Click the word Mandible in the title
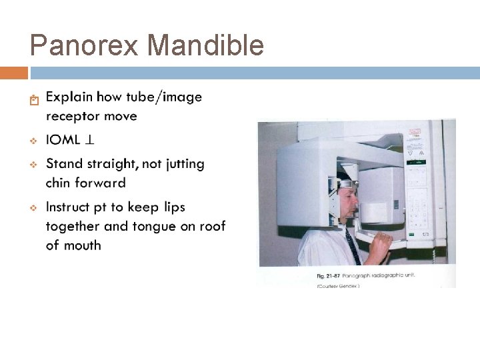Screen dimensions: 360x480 click(205, 46)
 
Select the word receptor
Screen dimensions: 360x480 click(71, 117)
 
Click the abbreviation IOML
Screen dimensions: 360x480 click(64, 140)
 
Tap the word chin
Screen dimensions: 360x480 click(59, 183)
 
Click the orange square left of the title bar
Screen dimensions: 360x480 click(14, 73)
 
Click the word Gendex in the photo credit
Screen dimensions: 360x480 click(349, 285)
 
